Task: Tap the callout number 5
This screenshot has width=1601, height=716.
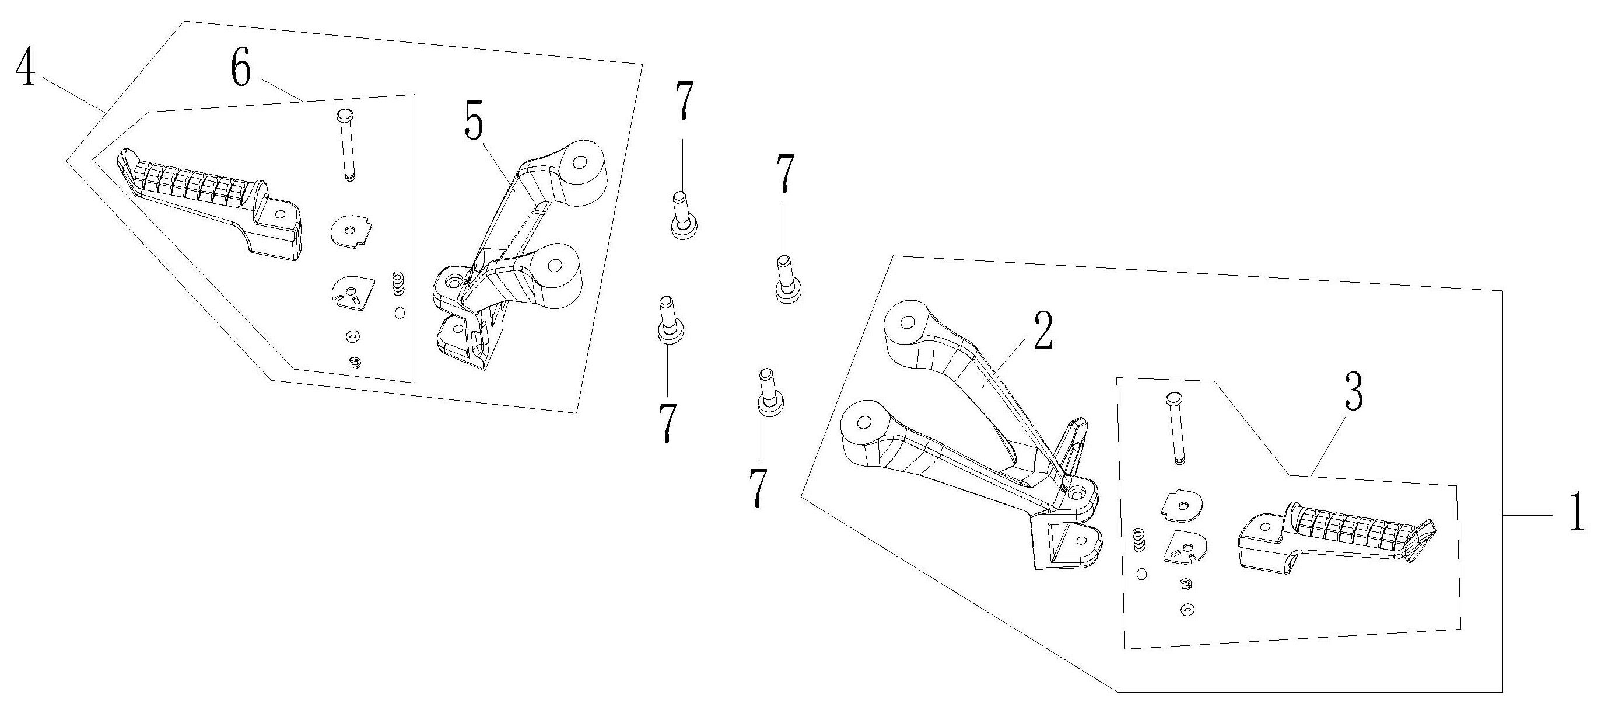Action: click(x=474, y=125)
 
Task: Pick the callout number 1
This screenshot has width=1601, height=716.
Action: click(x=1578, y=512)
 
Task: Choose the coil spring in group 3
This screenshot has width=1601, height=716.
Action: click(x=1139, y=538)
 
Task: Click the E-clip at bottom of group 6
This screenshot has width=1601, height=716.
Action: click(x=354, y=363)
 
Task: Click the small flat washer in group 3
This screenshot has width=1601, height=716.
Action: click(x=1187, y=610)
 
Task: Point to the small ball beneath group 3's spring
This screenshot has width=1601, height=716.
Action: click(x=1140, y=574)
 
